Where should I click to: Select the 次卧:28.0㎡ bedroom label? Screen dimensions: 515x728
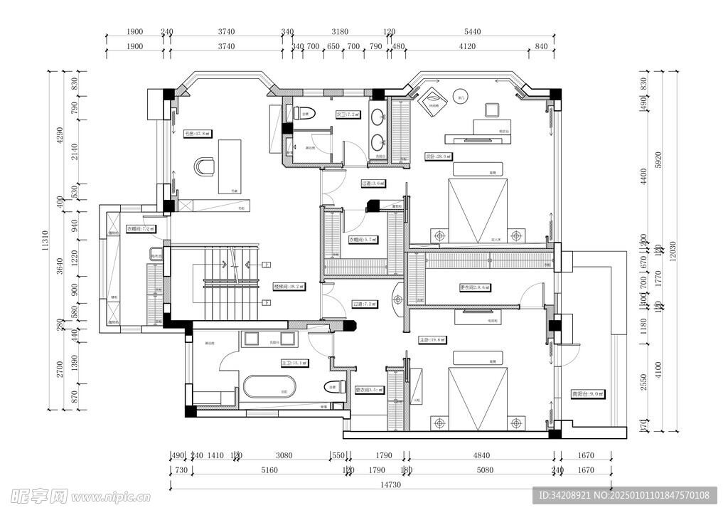[x=439, y=156]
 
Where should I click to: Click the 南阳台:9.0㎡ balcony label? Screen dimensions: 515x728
[x=588, y=393]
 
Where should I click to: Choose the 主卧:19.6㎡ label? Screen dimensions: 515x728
[x=432, y=340]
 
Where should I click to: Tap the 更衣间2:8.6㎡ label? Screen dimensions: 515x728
[x=476, y=287]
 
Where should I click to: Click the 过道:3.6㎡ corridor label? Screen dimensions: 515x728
[x=373, y=184]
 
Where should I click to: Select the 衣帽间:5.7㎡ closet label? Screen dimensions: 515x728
[x=363, y=240]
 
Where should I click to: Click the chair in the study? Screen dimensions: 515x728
[x=205, y=166]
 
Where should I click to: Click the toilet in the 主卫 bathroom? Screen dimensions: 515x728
[x=335, y=388]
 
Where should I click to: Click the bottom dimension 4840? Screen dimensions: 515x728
[x=481, y=455]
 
